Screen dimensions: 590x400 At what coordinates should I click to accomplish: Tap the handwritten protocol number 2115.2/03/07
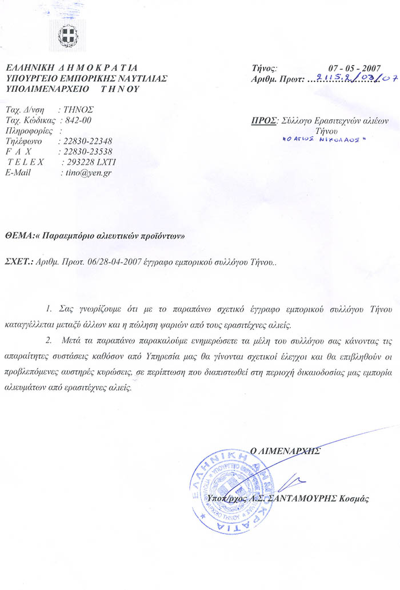[351, 79]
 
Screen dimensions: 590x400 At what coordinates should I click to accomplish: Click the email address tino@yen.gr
[86, 173]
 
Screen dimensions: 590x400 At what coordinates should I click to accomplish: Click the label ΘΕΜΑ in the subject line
[19, 235]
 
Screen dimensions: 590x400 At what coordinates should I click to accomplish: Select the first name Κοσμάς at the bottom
[356, 498]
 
